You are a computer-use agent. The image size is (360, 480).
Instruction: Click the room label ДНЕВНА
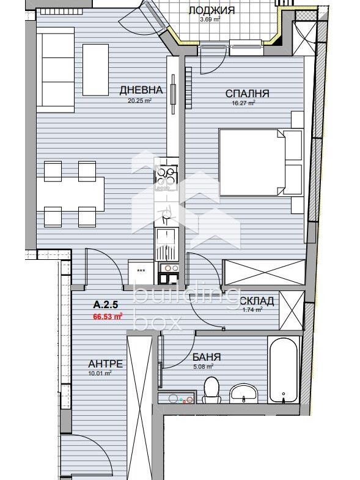point(141,90)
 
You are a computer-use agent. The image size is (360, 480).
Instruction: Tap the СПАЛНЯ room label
point(248,94)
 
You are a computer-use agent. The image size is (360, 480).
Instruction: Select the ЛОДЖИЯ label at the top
point(211,10)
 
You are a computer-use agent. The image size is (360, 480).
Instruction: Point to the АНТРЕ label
point(105,364)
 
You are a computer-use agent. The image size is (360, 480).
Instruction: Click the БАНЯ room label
point(207,357)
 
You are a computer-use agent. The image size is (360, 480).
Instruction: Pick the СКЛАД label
point(257,301)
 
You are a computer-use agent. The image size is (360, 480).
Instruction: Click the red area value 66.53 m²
point(108,316)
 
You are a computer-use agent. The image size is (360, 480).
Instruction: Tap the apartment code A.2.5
point(106,305)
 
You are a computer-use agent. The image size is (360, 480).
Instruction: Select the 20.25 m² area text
point(140,100)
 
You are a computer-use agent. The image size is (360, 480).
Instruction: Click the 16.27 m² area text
point(243,103)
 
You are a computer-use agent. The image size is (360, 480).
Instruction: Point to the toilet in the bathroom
point(211,390)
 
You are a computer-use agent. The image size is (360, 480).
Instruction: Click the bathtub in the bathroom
point(284,370)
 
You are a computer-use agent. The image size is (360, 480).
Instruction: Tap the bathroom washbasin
point(244,393)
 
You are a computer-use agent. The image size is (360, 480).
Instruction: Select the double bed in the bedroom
point(252,162)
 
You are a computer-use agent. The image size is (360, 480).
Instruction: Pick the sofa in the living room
point(56,70)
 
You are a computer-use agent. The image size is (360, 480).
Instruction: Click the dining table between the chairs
point(70,194)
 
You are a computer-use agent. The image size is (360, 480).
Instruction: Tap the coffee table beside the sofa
point(95,70)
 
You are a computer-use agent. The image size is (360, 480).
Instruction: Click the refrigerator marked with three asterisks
point(141,272)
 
